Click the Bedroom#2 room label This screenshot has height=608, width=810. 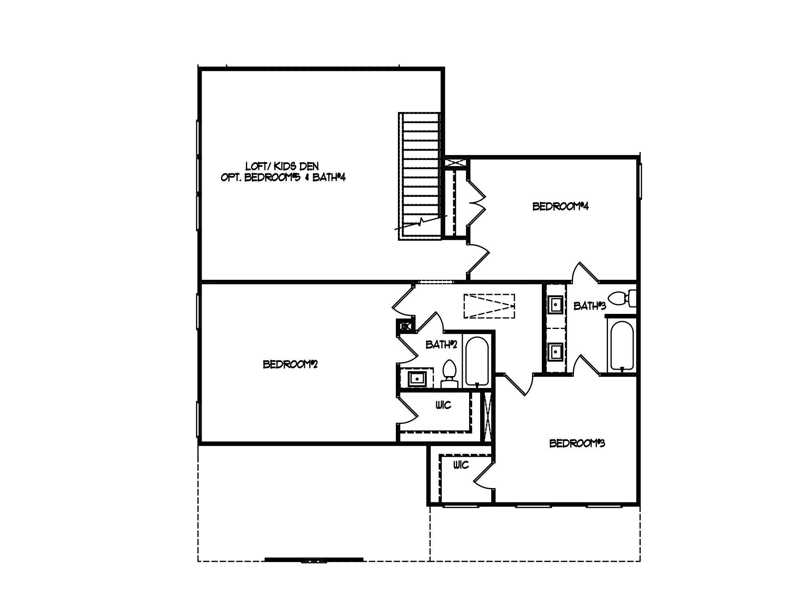point(290,364)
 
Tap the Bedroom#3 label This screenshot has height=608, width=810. point(577,443)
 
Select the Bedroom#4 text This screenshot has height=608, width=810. point(560,207)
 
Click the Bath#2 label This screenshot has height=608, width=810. point(441,345)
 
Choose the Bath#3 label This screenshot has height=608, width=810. point(589,306)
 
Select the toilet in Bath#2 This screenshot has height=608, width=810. point(449,374)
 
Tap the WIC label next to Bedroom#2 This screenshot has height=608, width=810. point(443,405)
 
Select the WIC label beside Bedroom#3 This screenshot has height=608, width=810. point(461,465)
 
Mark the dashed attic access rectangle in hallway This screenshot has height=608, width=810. point(489,306)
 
